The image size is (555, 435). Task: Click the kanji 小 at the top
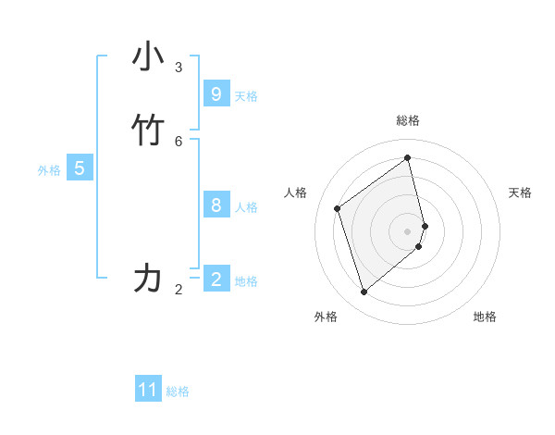[x=148, y=57]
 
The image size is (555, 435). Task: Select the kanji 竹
[x=148, y=131]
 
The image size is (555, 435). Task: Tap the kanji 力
[x=148, y=279]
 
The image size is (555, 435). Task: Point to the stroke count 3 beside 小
[x=179, y=68]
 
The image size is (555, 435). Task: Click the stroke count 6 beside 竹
[x=179, y=142]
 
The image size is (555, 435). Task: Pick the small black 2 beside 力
[x=179, y=290]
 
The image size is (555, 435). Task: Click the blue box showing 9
[x=216, y=94]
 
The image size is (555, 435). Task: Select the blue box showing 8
[x=216, y=205]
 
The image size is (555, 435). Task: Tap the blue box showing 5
[x=80, y=168]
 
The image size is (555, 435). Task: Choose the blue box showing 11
[x=148, y=390]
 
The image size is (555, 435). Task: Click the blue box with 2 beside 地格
[x=216, y=280]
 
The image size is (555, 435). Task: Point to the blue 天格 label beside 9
[x=246, y=96]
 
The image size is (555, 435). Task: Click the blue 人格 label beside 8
[x=246, y=207]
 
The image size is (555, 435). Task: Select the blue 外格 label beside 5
[x=49, y=170]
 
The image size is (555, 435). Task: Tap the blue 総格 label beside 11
[x=178, y=391]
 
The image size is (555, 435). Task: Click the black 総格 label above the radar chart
[x=408, y=120]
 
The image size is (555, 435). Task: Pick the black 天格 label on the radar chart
[x=520, y=193]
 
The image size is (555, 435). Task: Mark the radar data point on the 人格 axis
[x=338, y=208]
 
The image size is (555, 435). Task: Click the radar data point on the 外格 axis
[x=364, y=292]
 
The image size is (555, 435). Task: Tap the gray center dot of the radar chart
[x=408, y=230]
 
